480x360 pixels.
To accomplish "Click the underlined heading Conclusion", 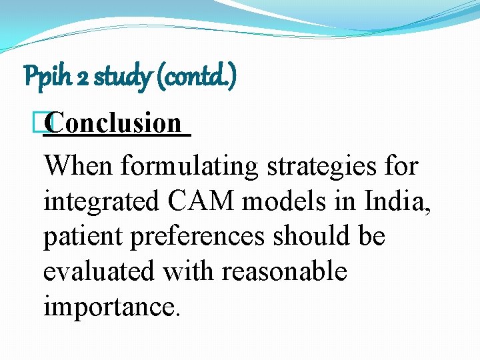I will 115,123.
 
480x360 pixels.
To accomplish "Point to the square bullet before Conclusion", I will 45,123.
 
